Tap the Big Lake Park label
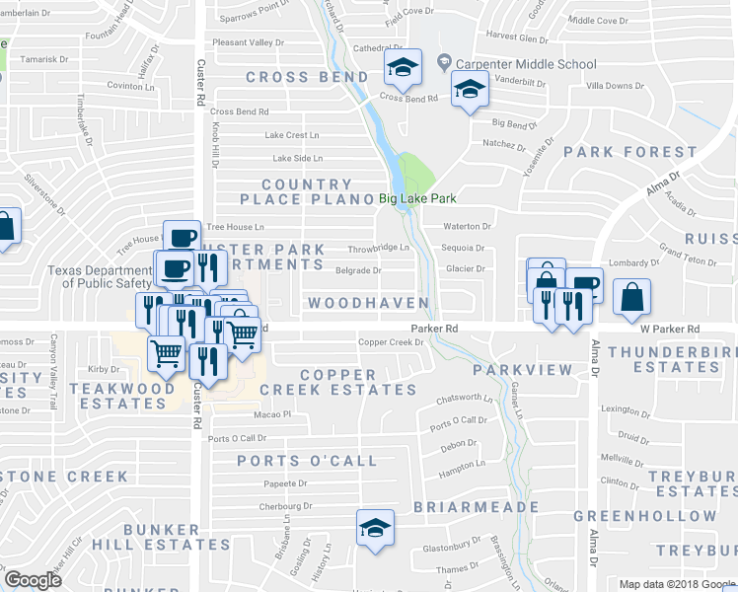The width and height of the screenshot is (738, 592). coord(417,198)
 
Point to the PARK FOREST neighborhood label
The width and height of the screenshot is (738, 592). coord(629,152)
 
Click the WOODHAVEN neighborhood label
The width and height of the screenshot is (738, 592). coord(368,303)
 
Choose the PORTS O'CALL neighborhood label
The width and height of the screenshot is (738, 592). coord(307,461)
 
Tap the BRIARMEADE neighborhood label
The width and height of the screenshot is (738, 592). coord(460,506)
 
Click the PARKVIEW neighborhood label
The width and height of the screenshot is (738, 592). coord(522,369)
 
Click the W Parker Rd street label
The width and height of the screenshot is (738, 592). coord(669,329)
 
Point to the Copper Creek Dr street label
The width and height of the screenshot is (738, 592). coord(390,342)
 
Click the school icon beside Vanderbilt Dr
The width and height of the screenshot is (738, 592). coord(470,90)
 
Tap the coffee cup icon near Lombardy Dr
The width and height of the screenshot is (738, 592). coord(583,284)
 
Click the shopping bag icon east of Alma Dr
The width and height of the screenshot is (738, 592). coord(631,296)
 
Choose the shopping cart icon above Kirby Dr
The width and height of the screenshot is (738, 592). coord(166,352)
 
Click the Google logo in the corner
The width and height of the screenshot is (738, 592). coord(33,580)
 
